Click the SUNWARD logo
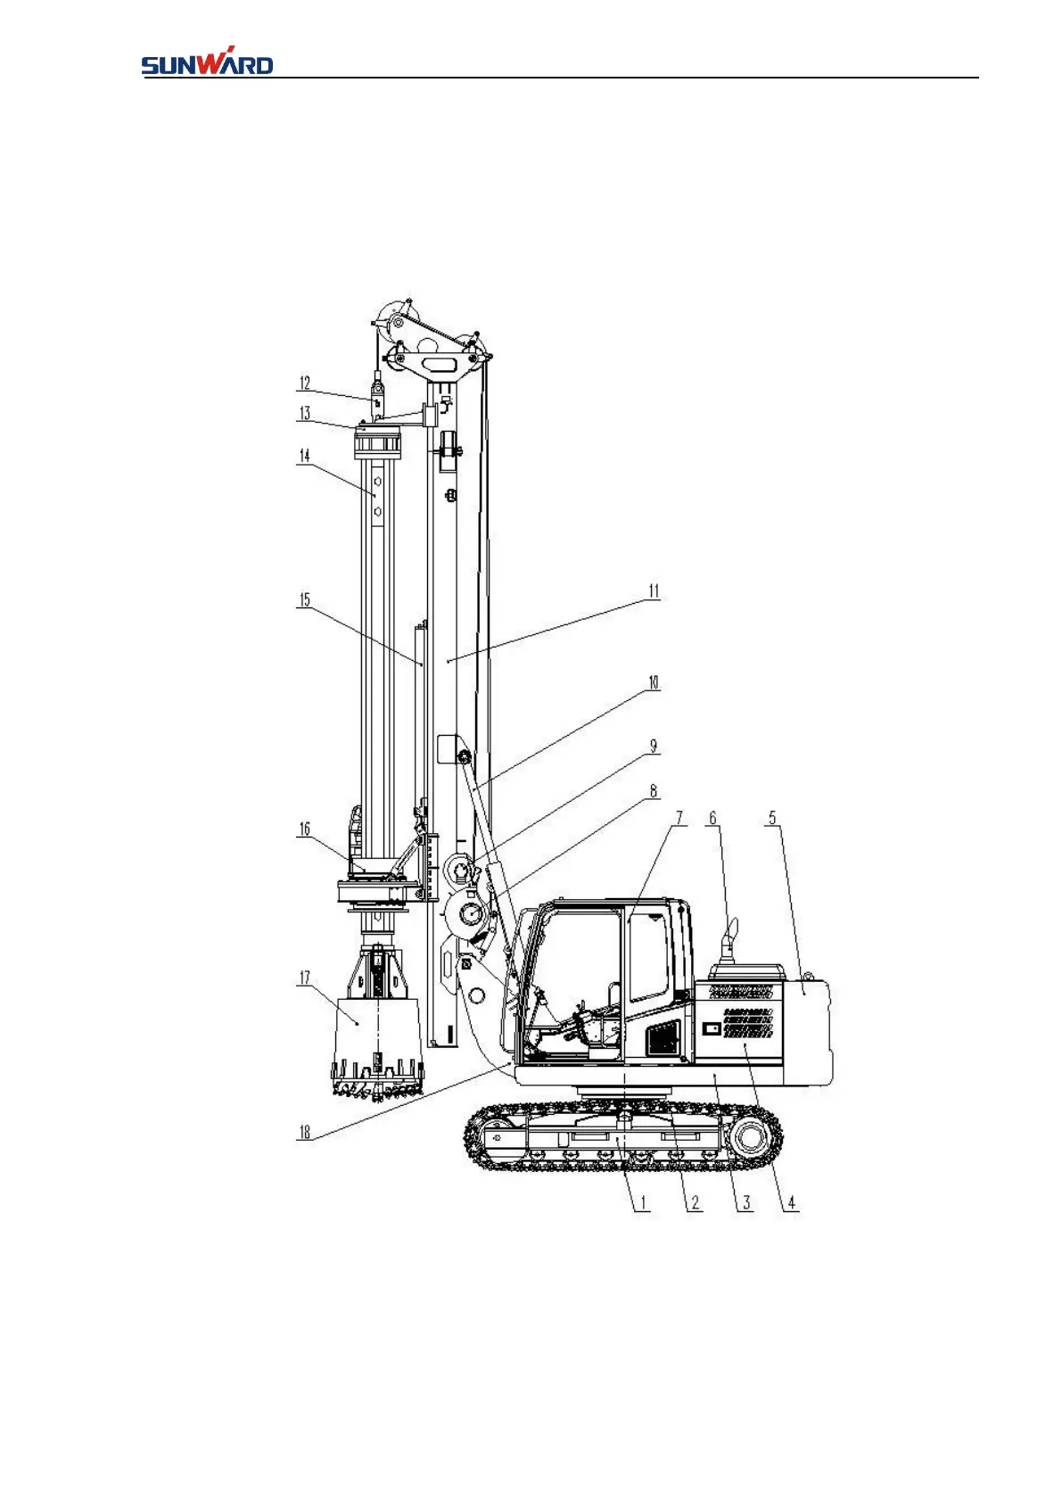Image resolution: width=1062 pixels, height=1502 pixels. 207,61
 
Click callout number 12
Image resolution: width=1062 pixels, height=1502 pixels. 305,383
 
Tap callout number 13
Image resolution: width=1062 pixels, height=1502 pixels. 305,413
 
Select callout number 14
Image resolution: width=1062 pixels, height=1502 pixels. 305,456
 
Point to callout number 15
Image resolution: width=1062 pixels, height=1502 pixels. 305,600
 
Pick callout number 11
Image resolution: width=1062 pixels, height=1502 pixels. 654,591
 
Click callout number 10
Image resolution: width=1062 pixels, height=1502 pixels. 654,683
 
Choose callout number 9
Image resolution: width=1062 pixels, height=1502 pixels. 654,747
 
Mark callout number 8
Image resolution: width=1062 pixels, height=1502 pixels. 654,792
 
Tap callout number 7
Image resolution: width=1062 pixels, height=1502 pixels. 679,818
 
